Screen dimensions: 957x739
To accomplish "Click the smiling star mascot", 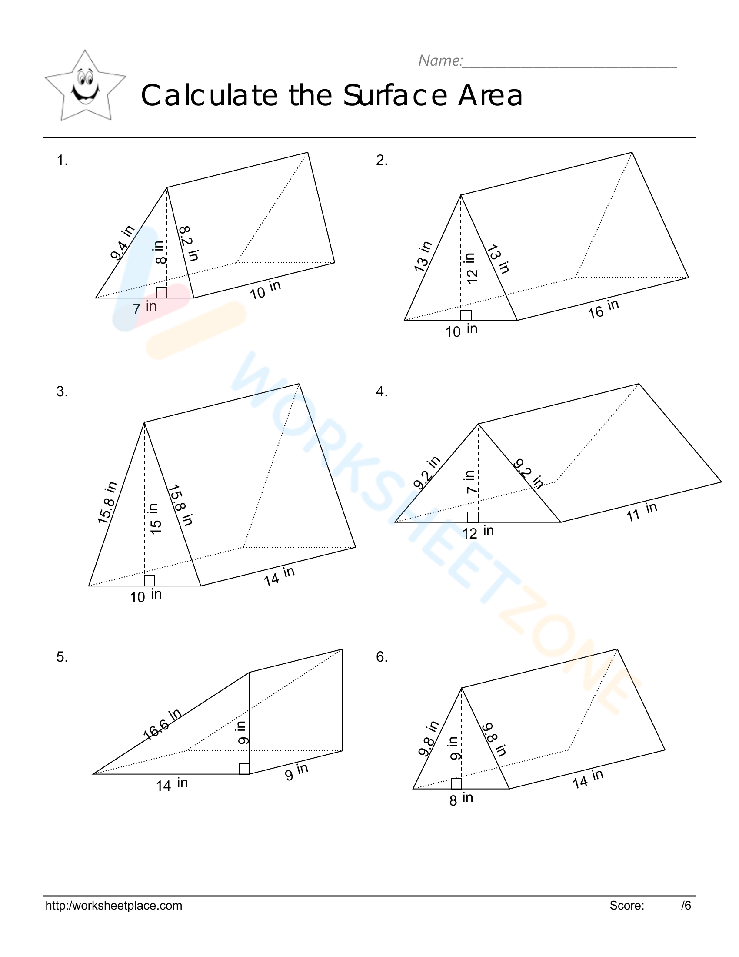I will pyautogui.click(x=85, y=86).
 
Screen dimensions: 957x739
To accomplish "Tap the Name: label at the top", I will pyautogui.click(x=440, y=60).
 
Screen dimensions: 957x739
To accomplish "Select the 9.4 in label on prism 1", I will pyautogui.click(x=122, y=243).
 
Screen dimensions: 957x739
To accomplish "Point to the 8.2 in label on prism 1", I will pyautogui.click(x=189, y=243).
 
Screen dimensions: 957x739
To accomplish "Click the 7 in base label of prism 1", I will pyautogui.click(x=144, y=307).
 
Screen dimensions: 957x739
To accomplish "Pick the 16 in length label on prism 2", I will pyautogui.click(x=603, y=309).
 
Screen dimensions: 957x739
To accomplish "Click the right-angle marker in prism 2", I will pyautogui.click(x=466, y=315).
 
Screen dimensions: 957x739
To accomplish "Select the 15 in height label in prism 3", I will pyautogui.click(x=155, y=519).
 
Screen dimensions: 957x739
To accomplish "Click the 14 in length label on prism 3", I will pyautogui.click(x=280, y=576).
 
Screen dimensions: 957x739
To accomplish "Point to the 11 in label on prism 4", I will pyautogui.click(x=641, y=512).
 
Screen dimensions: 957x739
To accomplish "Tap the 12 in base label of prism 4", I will pyautogui.click(x=478, y=532).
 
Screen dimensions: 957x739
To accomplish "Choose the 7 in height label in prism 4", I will pyautogui.click(x=471, y=482).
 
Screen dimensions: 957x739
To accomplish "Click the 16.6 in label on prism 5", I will pyautogui.click(x=162, y=724).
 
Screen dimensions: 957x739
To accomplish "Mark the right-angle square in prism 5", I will pyautogui.click(x=244, y=769).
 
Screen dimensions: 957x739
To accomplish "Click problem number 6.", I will pyautogui.click(x=381, y=657).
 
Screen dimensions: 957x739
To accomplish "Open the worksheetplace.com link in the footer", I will pyautogui.click(x=114, y=906).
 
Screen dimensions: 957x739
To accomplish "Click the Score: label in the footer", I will pyautogui.click(x=626, y=906).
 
